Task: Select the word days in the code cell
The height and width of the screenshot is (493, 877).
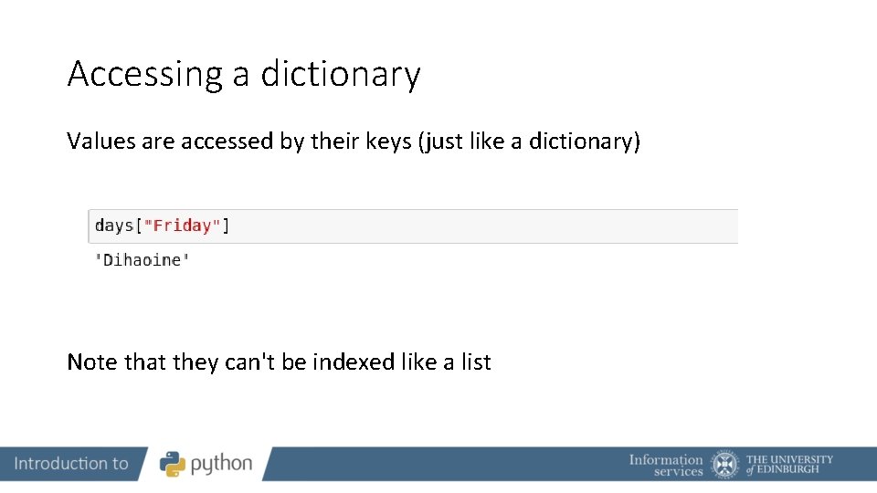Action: (x=114, y=226)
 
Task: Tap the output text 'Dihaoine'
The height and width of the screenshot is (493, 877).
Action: (x=143, y=260)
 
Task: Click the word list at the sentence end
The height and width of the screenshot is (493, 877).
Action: (x=476, y=362)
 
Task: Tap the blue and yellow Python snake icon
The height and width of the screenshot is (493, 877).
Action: (x=173, y=464)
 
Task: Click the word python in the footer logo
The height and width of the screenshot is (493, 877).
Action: (x=221, y=465)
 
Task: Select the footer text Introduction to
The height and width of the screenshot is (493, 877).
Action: (x=71, y=464)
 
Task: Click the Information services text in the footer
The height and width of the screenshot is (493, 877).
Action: (x=666, y=465)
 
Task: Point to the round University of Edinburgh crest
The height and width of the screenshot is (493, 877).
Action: (x=725, y=464)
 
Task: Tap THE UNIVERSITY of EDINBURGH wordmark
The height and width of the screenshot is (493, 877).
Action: (x=789, y=464)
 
